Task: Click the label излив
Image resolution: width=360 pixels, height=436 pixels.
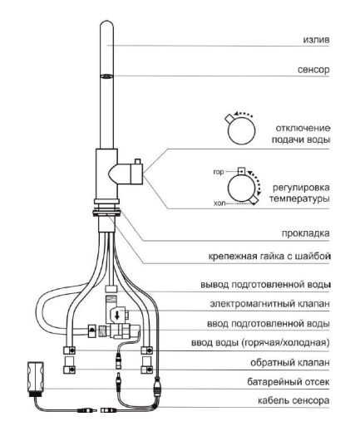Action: [316, 40]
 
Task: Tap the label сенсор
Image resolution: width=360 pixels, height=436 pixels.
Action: [313, 70]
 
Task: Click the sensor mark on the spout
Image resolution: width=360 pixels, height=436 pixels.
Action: [106, 76]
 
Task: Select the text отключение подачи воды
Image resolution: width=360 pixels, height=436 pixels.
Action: [301, 134]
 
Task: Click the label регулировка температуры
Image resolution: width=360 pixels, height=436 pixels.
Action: [299, 193]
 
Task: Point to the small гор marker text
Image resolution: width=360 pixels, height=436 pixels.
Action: [219, 173]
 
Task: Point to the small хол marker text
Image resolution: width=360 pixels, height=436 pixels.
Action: [219, 203]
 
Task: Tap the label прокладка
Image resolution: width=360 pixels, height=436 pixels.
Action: [306, 233]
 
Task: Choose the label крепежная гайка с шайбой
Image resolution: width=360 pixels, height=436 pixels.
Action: [269, 256]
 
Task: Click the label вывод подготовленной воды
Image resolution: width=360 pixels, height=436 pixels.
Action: [265, 285]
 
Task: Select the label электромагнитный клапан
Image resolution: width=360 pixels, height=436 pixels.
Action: [269, 304]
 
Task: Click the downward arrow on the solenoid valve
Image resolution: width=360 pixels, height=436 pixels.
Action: [117, 315]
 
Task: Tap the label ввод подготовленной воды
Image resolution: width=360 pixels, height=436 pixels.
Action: [269, 324]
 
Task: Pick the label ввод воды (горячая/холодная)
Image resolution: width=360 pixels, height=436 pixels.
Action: [260, 343]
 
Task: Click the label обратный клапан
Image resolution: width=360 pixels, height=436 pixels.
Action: [290, 363]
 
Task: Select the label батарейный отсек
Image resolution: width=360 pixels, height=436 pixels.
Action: [288, 382]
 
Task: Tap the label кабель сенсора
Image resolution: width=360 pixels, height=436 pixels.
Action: [293, 400]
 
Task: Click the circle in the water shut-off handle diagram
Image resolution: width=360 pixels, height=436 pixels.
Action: [241, 130]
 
